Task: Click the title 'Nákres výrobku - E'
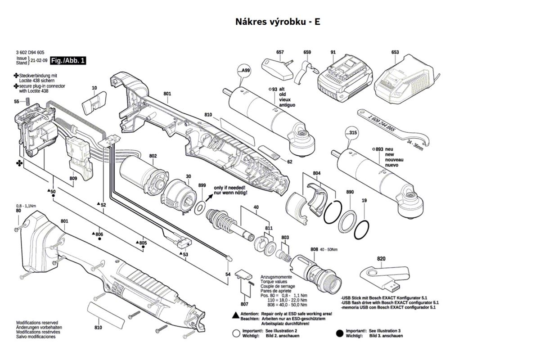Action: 278,22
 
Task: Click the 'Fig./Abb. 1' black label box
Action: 68,60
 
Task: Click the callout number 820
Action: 381,259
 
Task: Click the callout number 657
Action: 280,52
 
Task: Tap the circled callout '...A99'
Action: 243,71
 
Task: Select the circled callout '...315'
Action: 351,133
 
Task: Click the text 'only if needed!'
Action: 229,187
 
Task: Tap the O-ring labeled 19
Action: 361,231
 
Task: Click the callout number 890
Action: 350,192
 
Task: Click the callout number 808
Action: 314,249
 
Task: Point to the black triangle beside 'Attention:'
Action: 235,314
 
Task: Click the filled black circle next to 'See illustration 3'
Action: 340,333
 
